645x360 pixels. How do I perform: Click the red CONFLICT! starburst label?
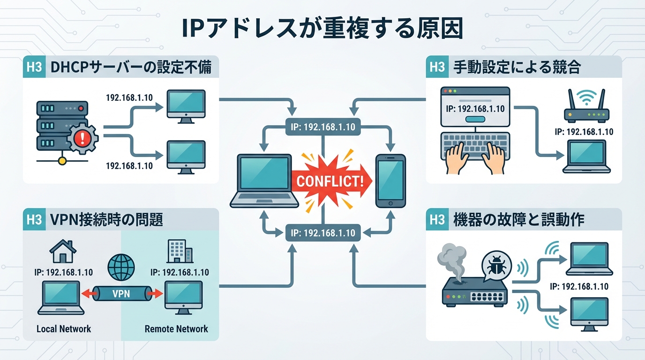[330, 181]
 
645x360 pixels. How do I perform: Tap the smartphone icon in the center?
[390, 180]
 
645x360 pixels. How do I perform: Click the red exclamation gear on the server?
[82, 137]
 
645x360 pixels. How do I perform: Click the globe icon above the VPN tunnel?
[121, 267]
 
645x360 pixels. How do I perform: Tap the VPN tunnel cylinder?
[121, 294]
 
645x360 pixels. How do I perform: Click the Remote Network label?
[176, 329]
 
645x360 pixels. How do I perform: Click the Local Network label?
[64, 329]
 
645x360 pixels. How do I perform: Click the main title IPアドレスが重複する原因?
[322, 29]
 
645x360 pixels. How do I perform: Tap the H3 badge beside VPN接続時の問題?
[34, 219]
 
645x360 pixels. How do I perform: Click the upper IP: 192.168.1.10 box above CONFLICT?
[322, 127]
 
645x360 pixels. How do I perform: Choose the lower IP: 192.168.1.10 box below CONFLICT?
[322, 232]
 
